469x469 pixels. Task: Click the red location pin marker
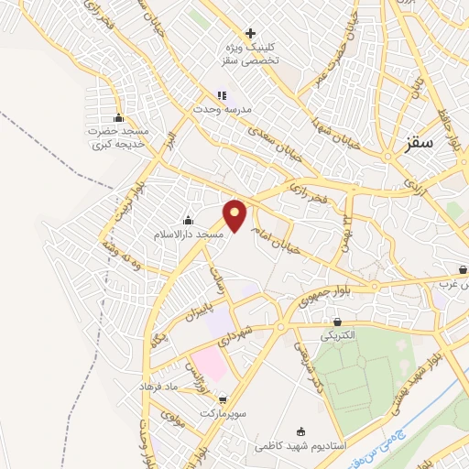tap(236, 215)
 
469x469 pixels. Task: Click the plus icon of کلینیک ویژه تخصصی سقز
tap(250, 33)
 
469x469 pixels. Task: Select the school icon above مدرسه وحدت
tap(221, 95)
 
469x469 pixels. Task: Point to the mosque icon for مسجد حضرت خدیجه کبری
tap(117, 118)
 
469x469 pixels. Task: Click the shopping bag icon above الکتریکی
tap(338, 322)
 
